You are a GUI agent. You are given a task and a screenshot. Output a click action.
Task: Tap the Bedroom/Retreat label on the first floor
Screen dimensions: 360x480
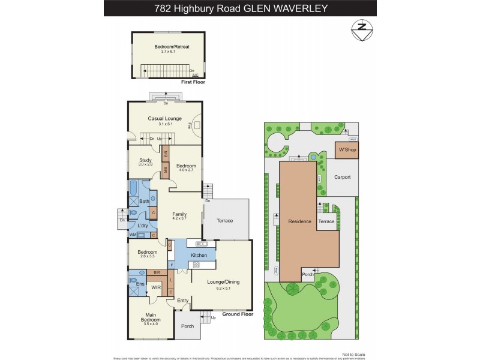tap(167, 47)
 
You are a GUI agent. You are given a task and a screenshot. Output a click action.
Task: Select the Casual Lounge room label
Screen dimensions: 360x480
tap(164, 118)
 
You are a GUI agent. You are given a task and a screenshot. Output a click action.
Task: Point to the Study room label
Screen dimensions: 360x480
tap(145, 160)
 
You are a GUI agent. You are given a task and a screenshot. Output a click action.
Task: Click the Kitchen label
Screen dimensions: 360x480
tap(199, 255)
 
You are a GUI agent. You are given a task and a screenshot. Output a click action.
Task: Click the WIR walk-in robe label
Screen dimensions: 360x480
tap(155, 287)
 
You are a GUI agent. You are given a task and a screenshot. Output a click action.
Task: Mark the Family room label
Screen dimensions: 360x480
tap(180, 214)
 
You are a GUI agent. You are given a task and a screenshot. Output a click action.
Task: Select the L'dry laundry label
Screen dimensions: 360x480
tap(143, 225)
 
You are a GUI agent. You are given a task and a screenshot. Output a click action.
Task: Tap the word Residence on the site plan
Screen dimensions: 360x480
tap(299, 221)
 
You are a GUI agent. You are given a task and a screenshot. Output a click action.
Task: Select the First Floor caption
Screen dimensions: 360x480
tap(193, 82)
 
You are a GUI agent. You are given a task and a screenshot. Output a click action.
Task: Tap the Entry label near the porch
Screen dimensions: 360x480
tap(183, 300)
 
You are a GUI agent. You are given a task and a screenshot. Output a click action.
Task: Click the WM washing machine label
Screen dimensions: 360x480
tap(132, 235)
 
